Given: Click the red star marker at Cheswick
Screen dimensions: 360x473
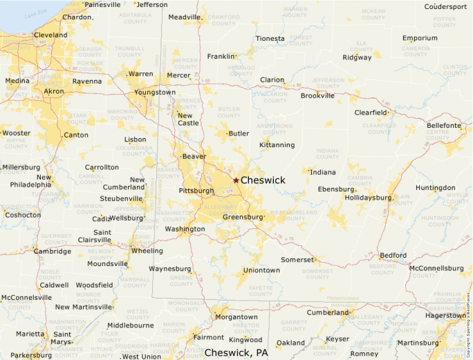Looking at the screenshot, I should (x=236, y=180).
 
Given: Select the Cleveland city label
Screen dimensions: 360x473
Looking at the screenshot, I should (x=50, y=35).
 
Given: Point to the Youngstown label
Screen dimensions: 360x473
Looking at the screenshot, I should (x=155, y=92).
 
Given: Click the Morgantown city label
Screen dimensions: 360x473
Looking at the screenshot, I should (x=236, y=317).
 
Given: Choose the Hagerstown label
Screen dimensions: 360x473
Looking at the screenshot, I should (x=445, y=315).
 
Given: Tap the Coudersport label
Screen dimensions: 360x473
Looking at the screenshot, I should (x=445, y=6).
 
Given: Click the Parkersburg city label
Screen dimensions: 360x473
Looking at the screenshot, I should (x=31, y=355).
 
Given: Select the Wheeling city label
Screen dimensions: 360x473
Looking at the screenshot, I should (x=147, y=251).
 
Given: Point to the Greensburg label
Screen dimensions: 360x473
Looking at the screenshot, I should (x=243, y=217).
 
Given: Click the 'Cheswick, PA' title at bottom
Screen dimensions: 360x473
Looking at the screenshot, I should (x=236, y=352).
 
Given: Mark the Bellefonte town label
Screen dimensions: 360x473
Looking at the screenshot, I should (x=443, y=125).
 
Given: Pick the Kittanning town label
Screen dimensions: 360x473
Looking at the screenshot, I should (x=277, y=144).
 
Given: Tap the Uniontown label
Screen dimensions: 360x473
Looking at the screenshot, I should (x=261, y=269).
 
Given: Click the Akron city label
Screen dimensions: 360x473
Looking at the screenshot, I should (x=53, y=91).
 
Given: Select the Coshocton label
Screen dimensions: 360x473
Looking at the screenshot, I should (x=22, y=215).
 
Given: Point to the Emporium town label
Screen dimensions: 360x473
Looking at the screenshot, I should (x=420, y=38).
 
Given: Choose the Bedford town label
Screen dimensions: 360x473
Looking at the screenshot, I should (x=393, y=255).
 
